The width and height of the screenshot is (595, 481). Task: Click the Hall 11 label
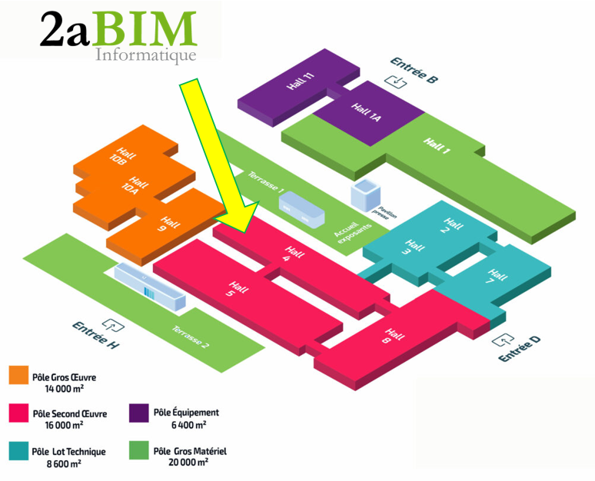301,81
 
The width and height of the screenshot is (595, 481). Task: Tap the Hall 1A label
366,112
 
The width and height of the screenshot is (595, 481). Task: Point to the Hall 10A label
135,185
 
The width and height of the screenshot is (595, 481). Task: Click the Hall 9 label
168,224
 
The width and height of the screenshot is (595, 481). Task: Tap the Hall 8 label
393,336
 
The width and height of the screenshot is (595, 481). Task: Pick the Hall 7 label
494,277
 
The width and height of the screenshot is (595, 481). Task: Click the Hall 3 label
412,247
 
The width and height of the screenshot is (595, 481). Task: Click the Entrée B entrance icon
396,81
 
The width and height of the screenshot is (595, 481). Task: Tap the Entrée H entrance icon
113,326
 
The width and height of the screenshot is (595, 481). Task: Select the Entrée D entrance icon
503,340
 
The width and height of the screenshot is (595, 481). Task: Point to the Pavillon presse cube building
365,195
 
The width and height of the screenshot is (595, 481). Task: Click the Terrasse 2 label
191,337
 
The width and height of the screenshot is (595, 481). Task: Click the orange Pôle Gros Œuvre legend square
18,375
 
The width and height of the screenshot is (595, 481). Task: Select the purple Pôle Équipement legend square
139,413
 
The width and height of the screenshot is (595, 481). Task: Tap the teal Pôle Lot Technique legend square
18,451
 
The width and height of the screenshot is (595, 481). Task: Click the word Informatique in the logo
146,55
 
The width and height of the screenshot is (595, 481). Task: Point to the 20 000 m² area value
188,463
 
